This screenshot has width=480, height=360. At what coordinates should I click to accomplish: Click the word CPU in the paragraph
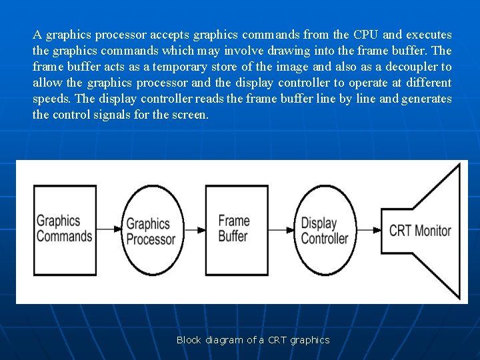(366, 35)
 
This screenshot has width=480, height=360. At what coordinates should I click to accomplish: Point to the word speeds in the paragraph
(52, 99)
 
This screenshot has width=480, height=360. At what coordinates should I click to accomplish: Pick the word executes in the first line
(429, 35)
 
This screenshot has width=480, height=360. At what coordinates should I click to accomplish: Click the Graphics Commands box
(64, 228)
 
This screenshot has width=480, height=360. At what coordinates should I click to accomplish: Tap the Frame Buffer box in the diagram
(233, 228)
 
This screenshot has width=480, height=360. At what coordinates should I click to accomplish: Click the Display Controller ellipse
(325, 231)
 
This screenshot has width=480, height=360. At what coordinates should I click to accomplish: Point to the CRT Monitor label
(420, 231)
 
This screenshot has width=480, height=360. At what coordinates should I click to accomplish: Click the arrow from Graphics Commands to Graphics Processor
(109, 229)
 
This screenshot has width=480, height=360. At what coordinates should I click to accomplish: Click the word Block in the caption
(189, 340)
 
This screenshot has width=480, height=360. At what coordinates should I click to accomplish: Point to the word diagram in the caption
(225, 340)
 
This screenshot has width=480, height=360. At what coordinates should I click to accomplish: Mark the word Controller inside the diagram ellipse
(325, 238)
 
